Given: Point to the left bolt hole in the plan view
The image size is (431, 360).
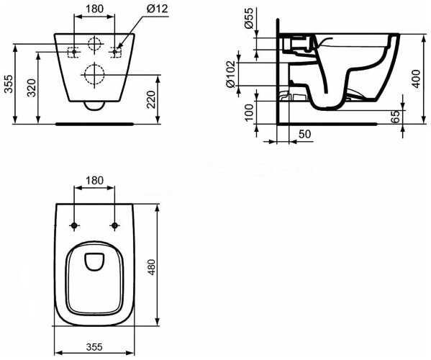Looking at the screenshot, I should (76, 225).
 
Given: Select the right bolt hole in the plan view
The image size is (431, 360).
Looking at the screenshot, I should (114, 225).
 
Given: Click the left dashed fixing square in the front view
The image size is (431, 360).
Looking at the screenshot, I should (72, 51).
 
